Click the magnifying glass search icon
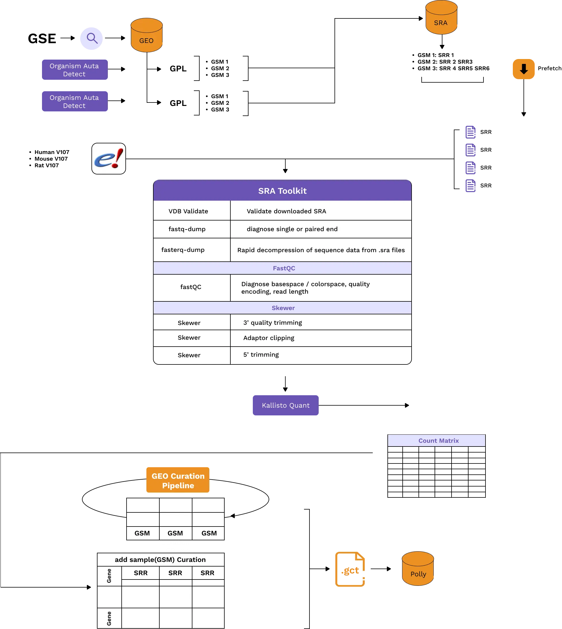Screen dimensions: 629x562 (91, 38)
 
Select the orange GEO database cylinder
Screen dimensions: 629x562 (147, 35)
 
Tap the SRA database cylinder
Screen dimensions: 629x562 (441, 18)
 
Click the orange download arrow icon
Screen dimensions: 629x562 (523, 69)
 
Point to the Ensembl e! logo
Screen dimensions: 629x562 (109, 159)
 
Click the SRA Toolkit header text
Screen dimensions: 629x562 (282, 191)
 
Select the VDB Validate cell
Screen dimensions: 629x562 (188, 211)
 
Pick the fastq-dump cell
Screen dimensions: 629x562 (187, 229)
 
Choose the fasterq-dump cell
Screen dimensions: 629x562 (183, 250)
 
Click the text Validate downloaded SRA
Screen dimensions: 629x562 (286, 211)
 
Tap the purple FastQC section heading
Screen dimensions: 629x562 (284, 268)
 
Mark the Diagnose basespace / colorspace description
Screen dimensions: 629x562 (305, 288)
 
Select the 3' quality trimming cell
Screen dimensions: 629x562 (273, 323)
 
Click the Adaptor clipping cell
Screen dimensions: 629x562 (269, 338)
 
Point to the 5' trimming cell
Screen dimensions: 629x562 (261, 355)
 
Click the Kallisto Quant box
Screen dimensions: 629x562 (286, 405)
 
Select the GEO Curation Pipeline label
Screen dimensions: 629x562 (178, 481)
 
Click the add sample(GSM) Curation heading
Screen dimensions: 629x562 (160, 560)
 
